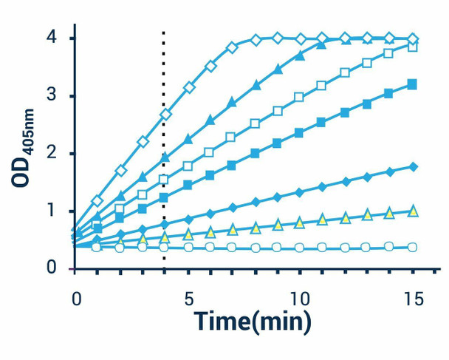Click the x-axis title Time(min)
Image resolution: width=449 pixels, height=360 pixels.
253,322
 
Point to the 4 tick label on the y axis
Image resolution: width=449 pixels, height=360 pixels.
52,38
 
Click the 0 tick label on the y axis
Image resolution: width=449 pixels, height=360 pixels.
52,268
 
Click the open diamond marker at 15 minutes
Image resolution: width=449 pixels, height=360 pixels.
412,39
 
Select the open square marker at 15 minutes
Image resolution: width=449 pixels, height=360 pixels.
412,47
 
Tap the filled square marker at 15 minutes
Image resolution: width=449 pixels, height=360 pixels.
412,84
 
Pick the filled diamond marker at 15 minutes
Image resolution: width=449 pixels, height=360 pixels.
412,167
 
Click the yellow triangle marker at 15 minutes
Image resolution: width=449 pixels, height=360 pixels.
412,211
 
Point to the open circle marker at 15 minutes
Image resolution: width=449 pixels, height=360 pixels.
412,247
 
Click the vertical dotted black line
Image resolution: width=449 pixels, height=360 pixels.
163,148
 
